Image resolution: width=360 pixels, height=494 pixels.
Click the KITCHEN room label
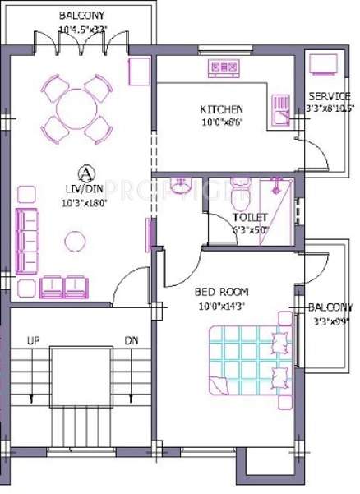pos(221,109)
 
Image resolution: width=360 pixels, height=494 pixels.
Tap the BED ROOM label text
pos(221,292)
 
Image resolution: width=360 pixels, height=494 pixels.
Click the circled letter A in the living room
pos(83,173)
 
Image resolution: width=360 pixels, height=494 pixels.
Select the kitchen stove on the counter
pos(222,67)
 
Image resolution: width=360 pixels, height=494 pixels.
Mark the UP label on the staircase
pos(33,340)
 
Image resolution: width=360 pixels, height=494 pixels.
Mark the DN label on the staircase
pos(131,340)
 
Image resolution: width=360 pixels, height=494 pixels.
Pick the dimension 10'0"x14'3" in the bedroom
pos(221,306)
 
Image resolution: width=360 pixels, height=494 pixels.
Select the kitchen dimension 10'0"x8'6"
pos(221,123)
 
